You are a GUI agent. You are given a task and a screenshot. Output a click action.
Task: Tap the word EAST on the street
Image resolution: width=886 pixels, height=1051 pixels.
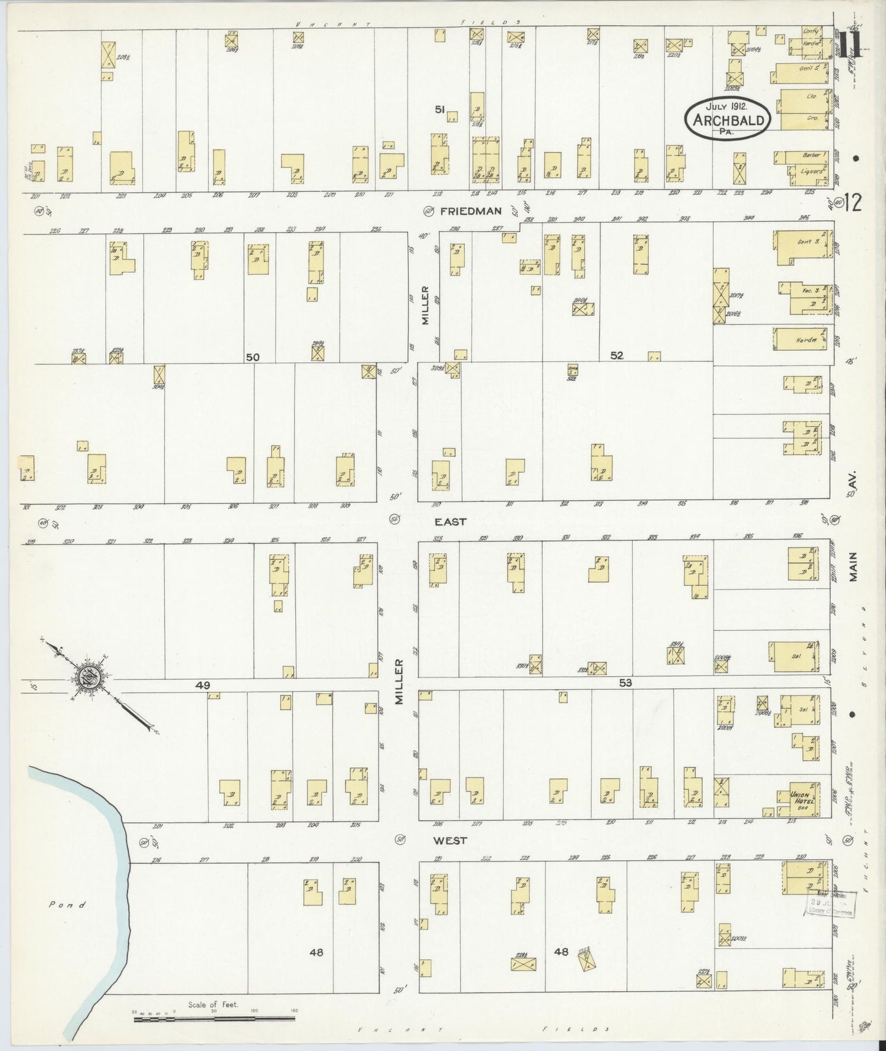click(451, 522)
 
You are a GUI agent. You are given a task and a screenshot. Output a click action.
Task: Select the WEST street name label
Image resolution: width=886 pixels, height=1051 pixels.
click(452, 841)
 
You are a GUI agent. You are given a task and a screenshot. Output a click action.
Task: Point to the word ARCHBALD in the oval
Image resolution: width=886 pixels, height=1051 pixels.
click(729, 120)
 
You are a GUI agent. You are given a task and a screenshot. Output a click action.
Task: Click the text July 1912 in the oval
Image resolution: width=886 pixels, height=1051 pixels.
click(727, 106)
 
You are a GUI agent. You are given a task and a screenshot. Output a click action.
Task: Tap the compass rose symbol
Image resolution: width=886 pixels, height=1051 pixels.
click(86, 678)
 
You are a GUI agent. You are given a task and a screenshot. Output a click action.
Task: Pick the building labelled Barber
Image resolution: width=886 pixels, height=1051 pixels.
click(808, 156)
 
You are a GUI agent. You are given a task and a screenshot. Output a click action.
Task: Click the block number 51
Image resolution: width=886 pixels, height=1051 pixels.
click(440, 109)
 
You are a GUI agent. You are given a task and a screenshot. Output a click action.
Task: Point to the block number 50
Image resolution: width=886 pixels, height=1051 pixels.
click(253, 357)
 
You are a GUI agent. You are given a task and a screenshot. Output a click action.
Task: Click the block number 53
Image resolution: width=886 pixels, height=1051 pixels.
click(625, 682)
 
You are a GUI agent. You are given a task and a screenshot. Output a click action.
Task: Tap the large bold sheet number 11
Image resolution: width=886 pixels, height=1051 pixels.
click(853, 45)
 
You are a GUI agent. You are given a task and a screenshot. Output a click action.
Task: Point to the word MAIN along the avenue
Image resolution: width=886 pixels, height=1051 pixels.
click(853, 567)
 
